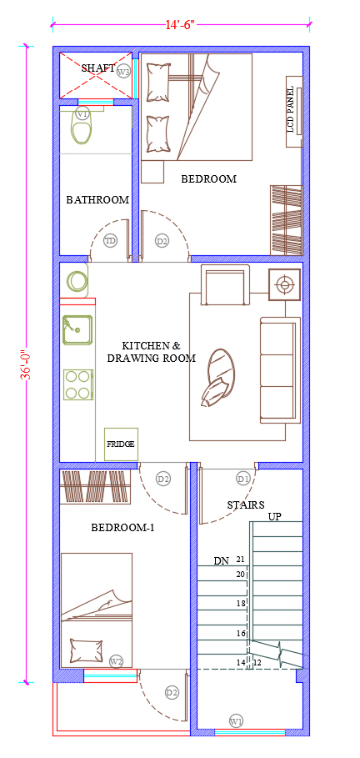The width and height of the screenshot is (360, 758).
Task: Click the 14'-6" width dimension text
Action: click(x=180, y=25)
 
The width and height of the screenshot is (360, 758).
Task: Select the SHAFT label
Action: click(x=98, y=68)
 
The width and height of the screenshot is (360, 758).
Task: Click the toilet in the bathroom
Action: click(x=82, y=126)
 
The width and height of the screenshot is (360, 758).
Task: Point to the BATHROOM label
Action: click(x=97, y=199)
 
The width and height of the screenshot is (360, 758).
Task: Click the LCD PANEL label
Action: click(x=290, y=110)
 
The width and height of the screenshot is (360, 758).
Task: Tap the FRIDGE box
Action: click(x=122, y=444)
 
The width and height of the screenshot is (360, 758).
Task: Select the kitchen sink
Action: click(x=77, y=329)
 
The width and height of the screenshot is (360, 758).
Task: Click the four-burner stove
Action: click(x=78, y=384)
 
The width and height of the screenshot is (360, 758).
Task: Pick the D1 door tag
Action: click(x=242, y=479)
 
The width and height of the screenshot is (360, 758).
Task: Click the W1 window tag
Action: click(x=236, y=721)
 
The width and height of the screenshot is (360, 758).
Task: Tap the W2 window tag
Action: click(x=116, y=660)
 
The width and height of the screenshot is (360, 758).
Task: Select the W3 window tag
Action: click(x=123, y=72)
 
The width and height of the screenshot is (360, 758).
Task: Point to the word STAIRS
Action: click(x=246, y=505)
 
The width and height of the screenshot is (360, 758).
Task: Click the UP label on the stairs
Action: click(x=275, y=517)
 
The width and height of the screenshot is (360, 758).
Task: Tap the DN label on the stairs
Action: click(x=222, y=561)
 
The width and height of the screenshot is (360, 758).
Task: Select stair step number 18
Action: click(x=241, y=603)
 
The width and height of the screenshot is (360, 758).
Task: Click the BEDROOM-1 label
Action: click(x=122, y=528)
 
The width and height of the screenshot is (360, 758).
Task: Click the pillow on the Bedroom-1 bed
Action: click(x=87, y=650)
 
